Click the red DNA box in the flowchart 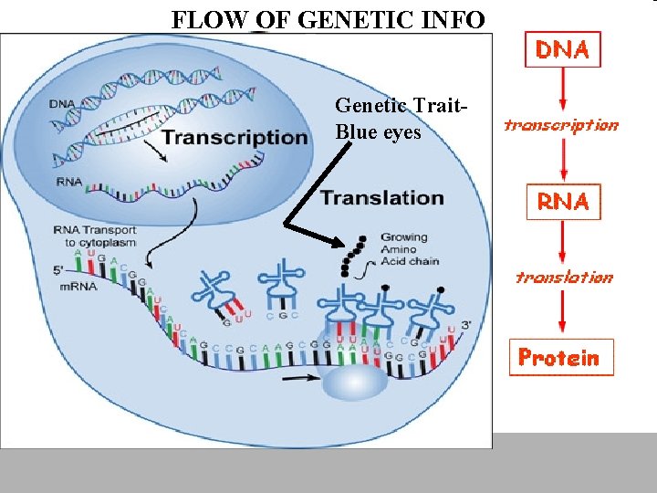tap(562, 49)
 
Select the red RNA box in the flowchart tap(562, 201)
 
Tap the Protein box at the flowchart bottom tap(560, 357)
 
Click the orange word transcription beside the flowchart tap(560, 125)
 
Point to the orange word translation tap(563, 277)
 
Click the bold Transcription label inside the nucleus tap(235, 137)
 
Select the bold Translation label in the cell tap(381, 197)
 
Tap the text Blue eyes tap(379, 131)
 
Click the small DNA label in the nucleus tap(64, 106)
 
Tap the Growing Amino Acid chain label tap(410, 249)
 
